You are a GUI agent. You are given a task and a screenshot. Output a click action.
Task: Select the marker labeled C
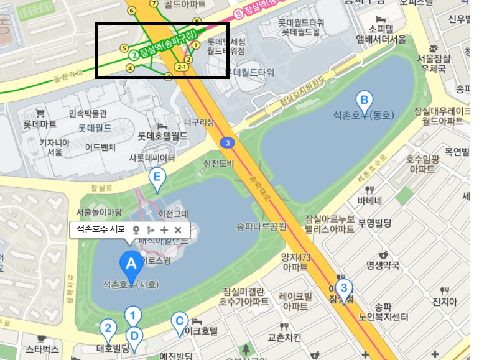click(x=179, y=322)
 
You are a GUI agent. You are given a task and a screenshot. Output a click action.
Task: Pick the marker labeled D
click(x=134, y=337)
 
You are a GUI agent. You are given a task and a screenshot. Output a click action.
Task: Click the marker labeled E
click(x=157, y=180)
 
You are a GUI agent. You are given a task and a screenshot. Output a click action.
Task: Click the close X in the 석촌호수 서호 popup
click(x=178, y=230)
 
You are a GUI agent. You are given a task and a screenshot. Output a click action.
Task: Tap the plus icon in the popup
click(x=164, y=230)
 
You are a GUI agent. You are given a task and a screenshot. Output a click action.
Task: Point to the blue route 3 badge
click(x=228, y=144)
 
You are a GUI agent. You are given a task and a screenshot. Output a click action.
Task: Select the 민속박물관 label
click(x=88, y=114)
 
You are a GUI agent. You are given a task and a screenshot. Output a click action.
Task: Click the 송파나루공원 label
click(x=262, y=226)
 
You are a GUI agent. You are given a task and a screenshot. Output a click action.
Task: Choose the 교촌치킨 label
click(x=284, y=338)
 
